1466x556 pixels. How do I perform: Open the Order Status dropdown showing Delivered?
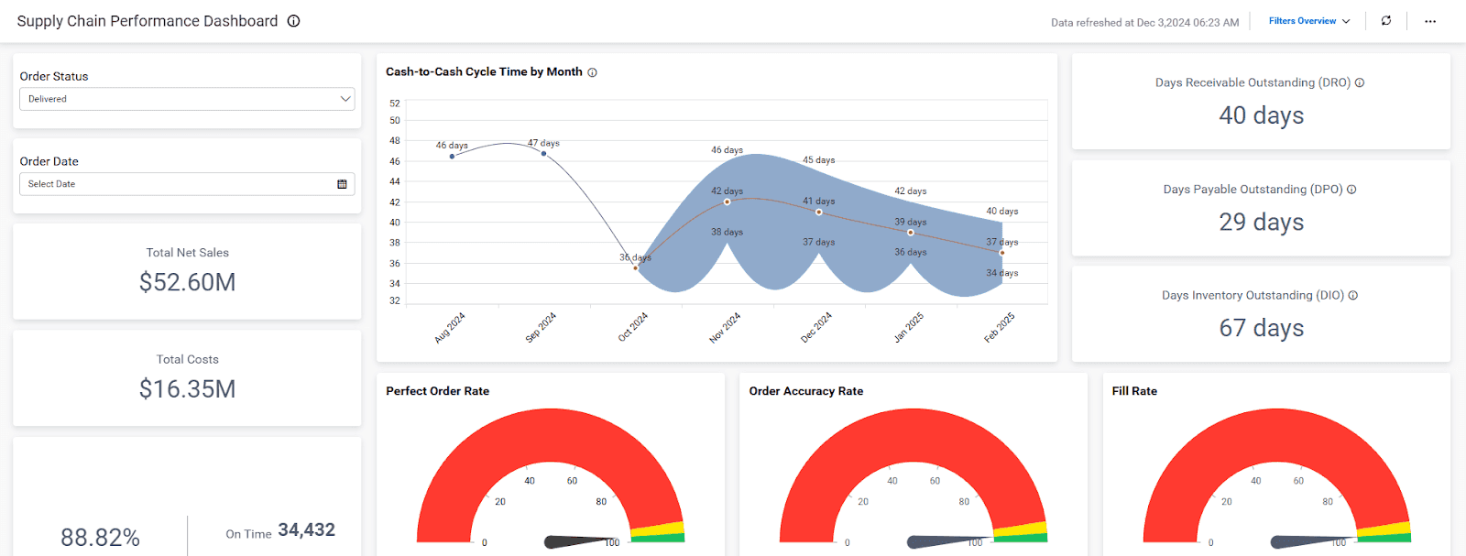click(187, 99)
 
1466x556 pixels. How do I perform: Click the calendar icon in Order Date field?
click(342, 184)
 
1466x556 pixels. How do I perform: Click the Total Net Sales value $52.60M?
click(187, 282)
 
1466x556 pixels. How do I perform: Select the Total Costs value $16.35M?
click(187, 389)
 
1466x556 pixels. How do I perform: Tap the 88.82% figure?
click(100, 538)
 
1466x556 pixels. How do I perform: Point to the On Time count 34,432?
click(306, 530)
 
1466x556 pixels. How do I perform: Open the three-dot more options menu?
click(1429, 21)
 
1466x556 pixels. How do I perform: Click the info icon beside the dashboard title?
click(293, 21)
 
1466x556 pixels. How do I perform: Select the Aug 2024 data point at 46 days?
click(452, 157)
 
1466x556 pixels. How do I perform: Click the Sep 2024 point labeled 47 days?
click(544, 153)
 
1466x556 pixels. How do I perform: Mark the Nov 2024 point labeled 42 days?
click(727, 202)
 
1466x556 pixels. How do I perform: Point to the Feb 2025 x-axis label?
click(1000, 327)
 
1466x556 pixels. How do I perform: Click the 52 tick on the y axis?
click(395, 104)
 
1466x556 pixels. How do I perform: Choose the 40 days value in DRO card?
click(1261, 115)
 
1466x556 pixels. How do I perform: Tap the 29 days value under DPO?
click(1261, 222)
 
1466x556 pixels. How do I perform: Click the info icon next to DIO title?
click(1353, 295)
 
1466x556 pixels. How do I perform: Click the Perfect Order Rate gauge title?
click(437, 391)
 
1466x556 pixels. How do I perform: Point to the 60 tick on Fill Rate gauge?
click(1298, 481)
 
